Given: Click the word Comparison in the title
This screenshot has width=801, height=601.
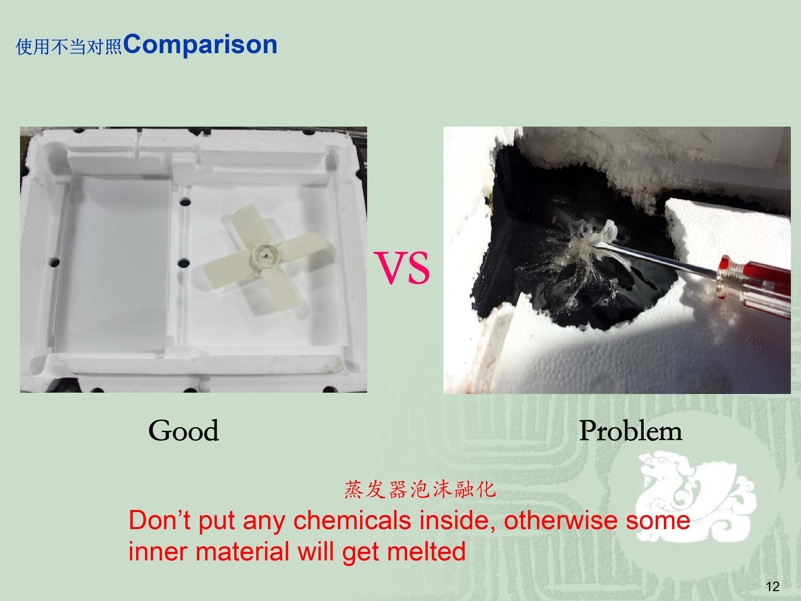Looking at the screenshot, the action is [x=200, y=45].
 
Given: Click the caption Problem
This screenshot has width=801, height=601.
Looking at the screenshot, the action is [x=630, y=431].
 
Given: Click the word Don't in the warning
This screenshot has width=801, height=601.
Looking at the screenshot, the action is [x=160, y=521].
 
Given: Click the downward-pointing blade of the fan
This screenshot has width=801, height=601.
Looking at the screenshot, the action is [x=286, y=286].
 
